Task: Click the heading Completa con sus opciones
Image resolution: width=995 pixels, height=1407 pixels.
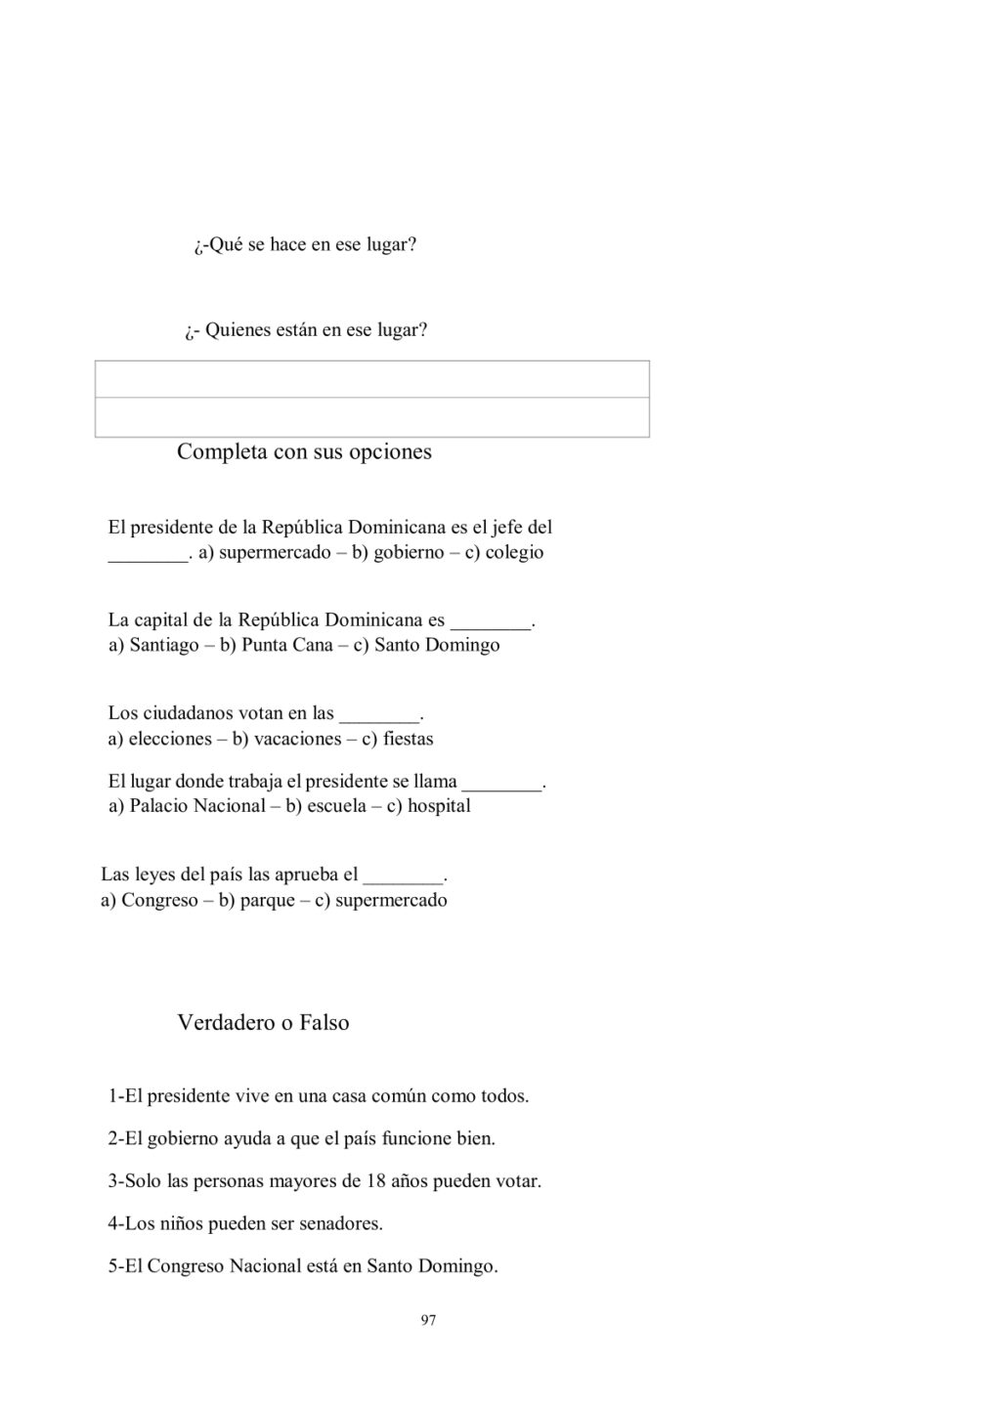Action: click(304, 451)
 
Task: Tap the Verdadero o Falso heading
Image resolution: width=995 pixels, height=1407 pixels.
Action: click(263, 1023)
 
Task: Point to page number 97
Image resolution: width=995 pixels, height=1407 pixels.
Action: click(428, 1321)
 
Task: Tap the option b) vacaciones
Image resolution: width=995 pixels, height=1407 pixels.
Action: click(286, 740)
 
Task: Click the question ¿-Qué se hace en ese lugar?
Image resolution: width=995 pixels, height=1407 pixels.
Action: click(305, 245)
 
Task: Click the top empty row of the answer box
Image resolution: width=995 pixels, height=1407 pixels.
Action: click(371, 379)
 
